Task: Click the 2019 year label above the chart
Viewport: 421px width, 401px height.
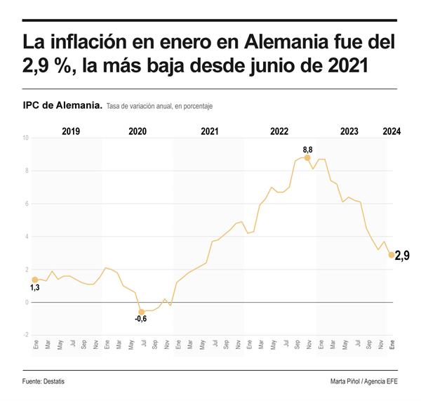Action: (71, 131)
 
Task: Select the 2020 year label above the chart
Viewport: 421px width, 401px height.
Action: (138, 131)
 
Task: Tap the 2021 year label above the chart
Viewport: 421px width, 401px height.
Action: (209, 131)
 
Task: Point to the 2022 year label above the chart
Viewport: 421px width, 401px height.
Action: (279, 131)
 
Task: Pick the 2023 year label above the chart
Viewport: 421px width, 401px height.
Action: (349, 131)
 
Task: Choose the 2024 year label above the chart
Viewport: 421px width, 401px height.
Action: (392, 131)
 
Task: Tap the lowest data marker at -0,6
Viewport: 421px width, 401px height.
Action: (141, 312)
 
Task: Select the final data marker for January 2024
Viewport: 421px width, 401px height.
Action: (391, 255)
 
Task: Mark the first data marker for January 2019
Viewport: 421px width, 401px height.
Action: (34, 280)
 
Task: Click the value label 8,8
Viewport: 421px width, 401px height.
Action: (307, 150)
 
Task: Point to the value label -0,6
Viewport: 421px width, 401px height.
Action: (141, 320)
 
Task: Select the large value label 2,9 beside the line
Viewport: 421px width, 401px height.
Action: (402, 256)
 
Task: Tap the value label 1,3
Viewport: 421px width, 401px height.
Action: (34, 288)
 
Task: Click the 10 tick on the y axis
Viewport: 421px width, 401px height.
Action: (25, 138)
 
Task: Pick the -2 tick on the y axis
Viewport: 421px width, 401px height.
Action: (25, 335)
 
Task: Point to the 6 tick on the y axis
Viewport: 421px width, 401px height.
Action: (26, 204)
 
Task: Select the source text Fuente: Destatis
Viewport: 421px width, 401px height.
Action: (48, 381)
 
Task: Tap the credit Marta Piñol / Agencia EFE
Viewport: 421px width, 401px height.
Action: (363, 381)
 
